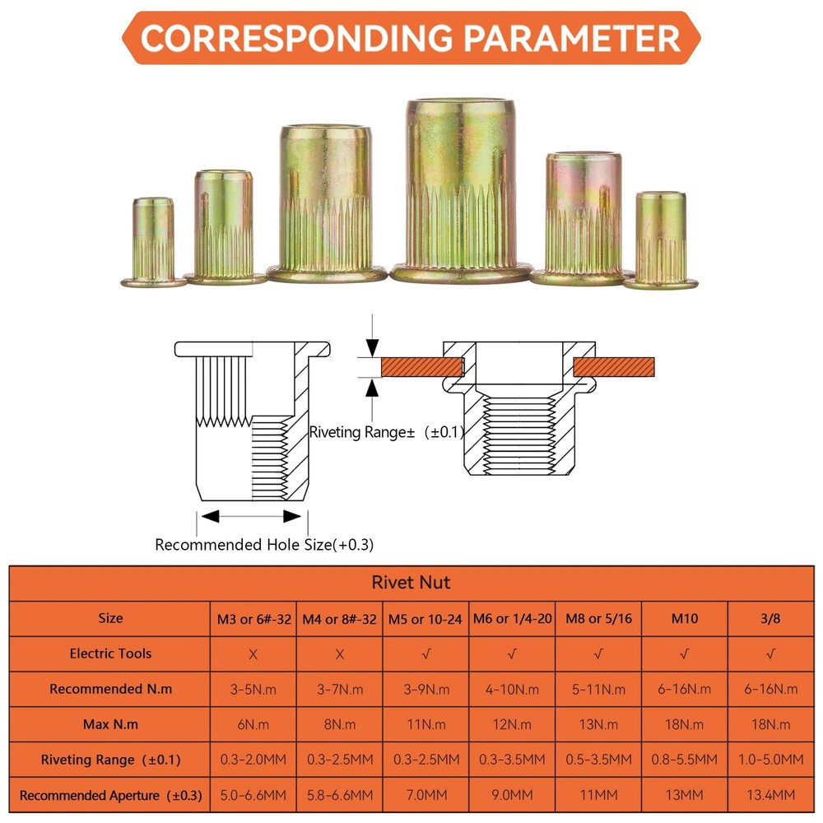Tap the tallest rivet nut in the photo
click(x=460, y=191)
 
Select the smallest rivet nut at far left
click(x=153, y=243)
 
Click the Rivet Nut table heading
click(x=411, y=583)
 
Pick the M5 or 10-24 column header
click(x=425, y=620)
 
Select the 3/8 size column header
click(x=770, y=618)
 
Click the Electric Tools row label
click(x=110, y=653)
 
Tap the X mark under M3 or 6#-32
click(x=253, y=654)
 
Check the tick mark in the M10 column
click(x=684, y=654)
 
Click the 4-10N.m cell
click(x=512, y=689)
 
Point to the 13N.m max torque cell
click(x=598, y=725)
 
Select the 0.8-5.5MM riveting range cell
click(x=684, y=760)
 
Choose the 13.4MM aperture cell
click(x=770, y=795)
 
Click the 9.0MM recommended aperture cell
click(x=512, y=795)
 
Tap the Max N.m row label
click(x=110, y=725)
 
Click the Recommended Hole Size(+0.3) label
click(x=264, y=545)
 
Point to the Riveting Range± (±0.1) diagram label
click(x=387, y=433)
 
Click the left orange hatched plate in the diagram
click(x=421, y=367)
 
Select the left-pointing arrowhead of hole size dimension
click(x=210, y=517)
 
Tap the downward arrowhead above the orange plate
click(x=372, y=348)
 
